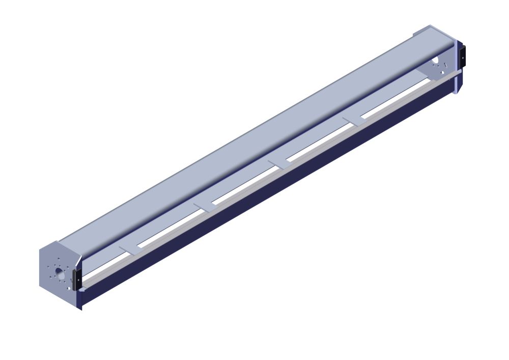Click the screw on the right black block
[463, 58]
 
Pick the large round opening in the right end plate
[435, 61]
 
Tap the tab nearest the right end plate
[353, 120]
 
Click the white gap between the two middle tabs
[244, 185]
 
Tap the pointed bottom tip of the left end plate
[81, 308]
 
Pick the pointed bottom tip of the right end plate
[455, 93]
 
